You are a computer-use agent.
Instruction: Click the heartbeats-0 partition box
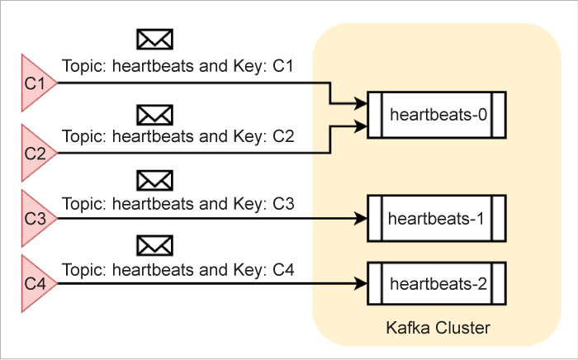(x=435, y=114)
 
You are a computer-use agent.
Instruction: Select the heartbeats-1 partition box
(x=435, y=219)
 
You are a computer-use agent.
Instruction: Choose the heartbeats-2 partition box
(x=435, y=285)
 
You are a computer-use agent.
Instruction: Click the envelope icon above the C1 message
(x=154, y=40)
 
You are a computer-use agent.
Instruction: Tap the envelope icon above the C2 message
(x=154, y=113)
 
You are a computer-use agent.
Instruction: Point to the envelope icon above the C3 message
(x=154, y=179)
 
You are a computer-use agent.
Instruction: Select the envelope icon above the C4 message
(x=154, y=244)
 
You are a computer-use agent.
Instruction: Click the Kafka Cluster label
(x=438, y=329)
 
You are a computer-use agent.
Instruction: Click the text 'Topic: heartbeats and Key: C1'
(x=178, y=65)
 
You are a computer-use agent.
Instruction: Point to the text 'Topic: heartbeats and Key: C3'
(x=178, y=202)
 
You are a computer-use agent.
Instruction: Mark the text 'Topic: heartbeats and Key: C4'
(x=178, y=268)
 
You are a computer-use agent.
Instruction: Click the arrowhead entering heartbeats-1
(x=362, y=219)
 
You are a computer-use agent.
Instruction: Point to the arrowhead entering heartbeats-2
(x=362, y=285)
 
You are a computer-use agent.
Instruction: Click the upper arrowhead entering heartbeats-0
(x=362, y=105)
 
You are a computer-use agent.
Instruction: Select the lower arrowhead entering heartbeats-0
(x=362, y=126)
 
